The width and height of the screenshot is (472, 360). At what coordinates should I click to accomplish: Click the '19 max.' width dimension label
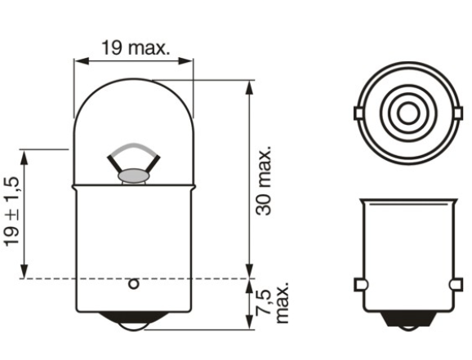point(135,47)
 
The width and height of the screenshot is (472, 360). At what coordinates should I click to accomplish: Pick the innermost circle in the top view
point(405,110)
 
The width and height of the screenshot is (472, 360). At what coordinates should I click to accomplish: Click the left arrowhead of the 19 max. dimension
point(78,60)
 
